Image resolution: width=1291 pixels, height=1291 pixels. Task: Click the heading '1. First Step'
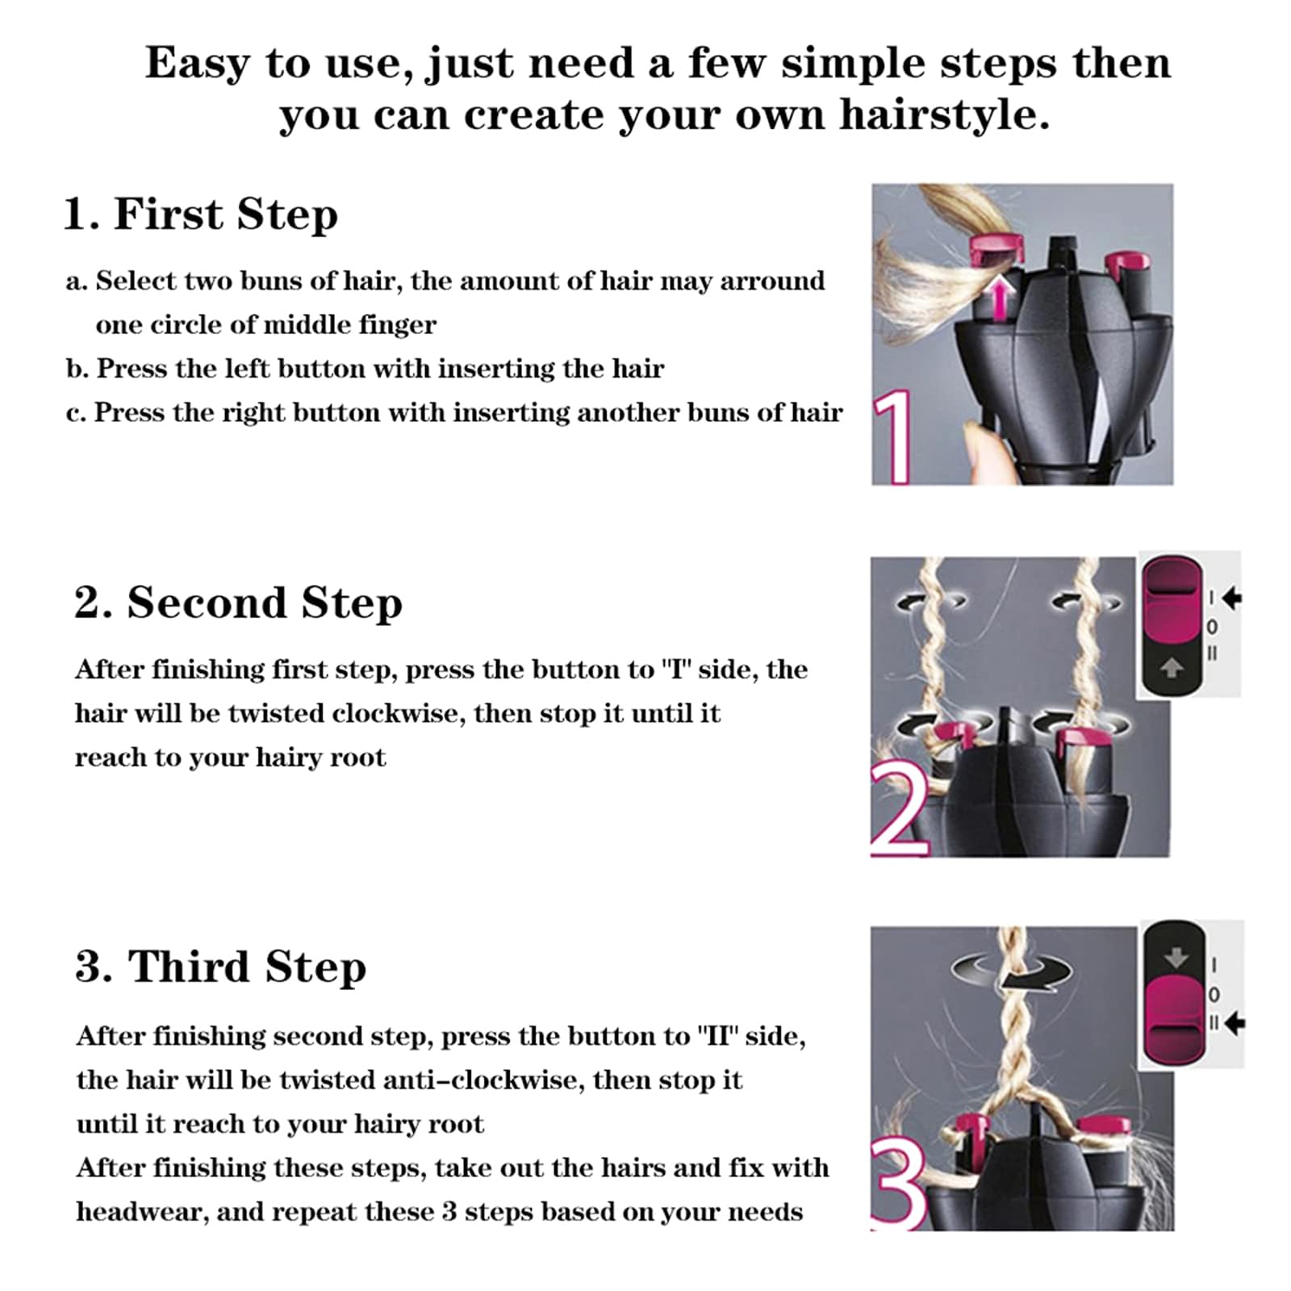(200, 215)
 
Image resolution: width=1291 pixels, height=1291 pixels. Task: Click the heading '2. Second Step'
(238, 603)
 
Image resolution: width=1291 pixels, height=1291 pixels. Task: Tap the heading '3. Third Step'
(220, 967)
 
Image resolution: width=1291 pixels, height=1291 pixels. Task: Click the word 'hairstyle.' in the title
(944, 115)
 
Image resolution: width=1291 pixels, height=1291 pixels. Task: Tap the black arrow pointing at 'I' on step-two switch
(1231, 598)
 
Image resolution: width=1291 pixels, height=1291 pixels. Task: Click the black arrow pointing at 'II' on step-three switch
(1235, 1023)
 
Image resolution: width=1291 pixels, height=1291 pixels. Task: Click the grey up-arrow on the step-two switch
(1171, 667)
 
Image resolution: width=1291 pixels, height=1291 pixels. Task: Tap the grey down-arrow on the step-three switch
(1176, 957)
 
